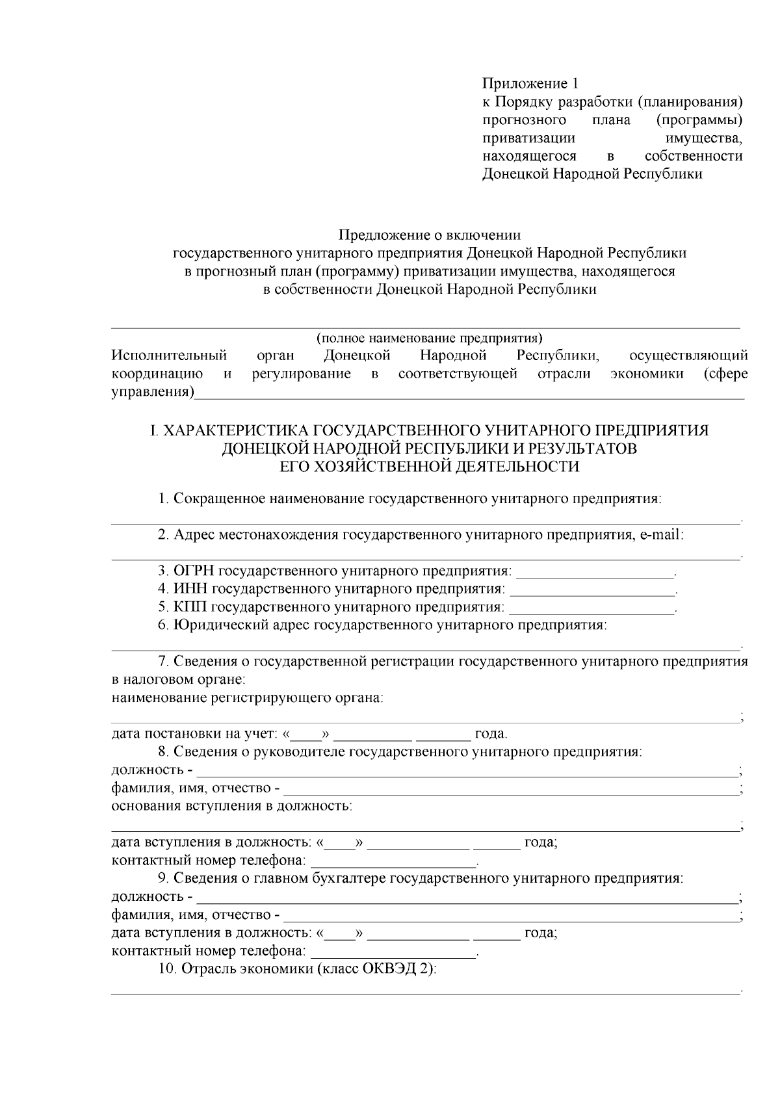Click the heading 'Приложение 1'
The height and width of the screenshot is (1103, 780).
(530, 84)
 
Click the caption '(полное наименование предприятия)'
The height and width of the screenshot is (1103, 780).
(429, 338)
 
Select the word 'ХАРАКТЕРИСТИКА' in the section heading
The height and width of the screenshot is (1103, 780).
(236, 431)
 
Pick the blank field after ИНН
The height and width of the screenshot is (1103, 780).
(592, 590)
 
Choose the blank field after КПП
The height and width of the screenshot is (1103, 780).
(591, 608)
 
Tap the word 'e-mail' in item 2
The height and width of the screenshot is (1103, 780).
(659, 535)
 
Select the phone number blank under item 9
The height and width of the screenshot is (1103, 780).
(393, 952)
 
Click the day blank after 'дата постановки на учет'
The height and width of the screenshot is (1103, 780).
(305, 735)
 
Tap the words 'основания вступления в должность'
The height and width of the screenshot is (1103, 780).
(232, 807)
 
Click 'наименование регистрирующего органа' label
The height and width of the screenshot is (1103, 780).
(247, 699)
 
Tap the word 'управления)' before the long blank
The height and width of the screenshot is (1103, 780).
(153, 393)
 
